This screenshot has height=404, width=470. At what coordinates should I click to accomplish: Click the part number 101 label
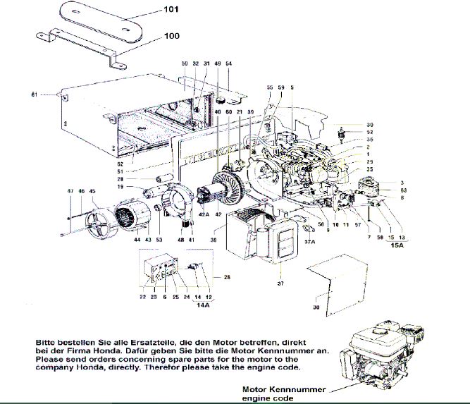point(173,10)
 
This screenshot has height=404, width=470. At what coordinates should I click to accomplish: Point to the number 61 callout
point(34,94)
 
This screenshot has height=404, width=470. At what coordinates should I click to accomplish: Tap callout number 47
point(70,191)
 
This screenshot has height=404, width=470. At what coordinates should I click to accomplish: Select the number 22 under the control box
point(142,298)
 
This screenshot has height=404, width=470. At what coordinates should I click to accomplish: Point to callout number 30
point(369,125)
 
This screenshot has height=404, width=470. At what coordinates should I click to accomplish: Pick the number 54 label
point(228,64)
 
